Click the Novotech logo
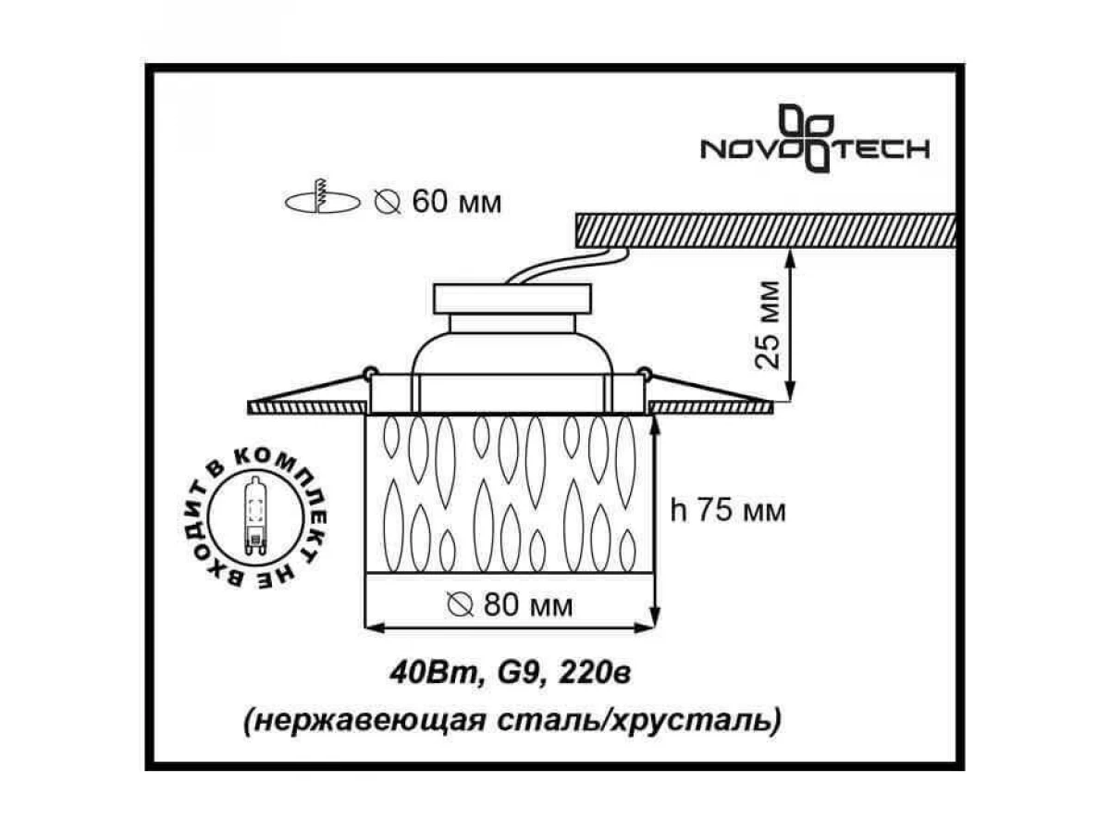pyautogui.click(x=815, y=139)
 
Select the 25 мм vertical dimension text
pyautogui.click(x=767, y=325)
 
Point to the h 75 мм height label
pyautogui.click(x=728, y=511)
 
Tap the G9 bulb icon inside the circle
pyautogui.click(x=256, y=516)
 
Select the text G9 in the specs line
pyautogui.click(x=517, y=674)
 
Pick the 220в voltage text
pyautogui.click(x=594, y=673)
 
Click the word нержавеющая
pyautogui.click(x=366, y=721)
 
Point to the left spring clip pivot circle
pyautogui.click(x=370, y=373)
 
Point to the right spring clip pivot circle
pyautogui.click(x=644, y=373)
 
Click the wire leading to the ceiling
pyautogui.click(x=568, y=265)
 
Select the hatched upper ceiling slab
pyautogui.click(x=766, y=230)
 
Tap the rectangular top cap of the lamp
pyautogui.click(x=512, y=298)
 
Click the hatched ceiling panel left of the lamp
pyautogui.click(x=307, y=407)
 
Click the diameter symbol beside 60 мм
pyautogui.click(x=388, y=203)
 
